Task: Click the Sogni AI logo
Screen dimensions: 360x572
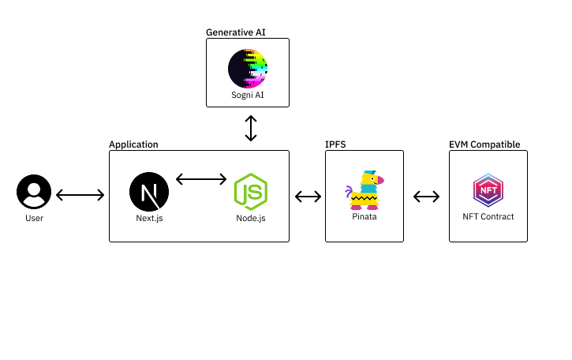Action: click(248, 69)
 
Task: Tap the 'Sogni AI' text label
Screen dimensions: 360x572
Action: click(247, 95)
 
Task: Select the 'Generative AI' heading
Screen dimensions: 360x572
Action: click(236, 32)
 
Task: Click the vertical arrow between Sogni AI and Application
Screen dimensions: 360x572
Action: click(251, 128)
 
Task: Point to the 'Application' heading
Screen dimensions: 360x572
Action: click(133, 144)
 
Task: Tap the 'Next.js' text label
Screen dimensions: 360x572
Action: click(148, 217)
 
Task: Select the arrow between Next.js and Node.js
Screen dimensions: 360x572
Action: click(200, 179)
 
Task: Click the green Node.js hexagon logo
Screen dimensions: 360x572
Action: click(250, 192)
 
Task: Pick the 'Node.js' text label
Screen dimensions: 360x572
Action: click(250, 217)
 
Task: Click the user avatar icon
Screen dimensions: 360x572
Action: click(34, 193)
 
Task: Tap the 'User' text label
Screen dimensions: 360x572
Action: click(34, 218)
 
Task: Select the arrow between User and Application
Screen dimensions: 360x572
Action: click(80, 194)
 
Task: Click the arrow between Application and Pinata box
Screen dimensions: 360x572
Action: click(308, 196)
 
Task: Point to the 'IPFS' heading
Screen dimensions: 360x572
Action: click(335, 144)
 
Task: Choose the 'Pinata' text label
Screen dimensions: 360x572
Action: click(364, 216)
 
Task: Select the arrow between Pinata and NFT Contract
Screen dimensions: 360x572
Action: click(426, 196)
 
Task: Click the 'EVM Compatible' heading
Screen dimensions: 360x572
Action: click(484, 144)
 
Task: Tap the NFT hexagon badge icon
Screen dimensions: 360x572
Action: click(488, 190)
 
